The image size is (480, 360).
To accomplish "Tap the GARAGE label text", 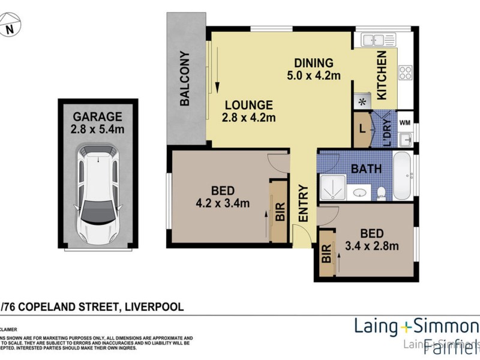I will (97, 116).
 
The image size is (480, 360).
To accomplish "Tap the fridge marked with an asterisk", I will (362, 101).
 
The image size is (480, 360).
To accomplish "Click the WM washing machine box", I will (405, 122).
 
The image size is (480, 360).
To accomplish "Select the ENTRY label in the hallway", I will (303, 204).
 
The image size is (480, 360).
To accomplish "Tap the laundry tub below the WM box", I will (406, 140).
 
